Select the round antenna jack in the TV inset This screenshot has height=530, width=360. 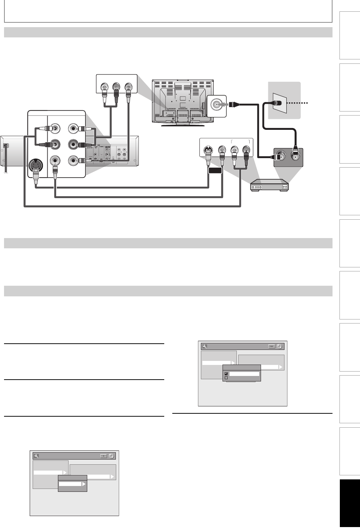pos(216,105)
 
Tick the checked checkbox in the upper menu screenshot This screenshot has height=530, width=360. pos(226,374)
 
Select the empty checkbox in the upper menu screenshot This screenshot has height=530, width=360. pos(226,378)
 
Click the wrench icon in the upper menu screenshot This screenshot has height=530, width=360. pos(205,346)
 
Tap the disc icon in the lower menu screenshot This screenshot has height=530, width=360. pos(111,456)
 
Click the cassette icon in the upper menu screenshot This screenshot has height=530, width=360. pos(272,346)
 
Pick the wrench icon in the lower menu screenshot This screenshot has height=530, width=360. pos(36,456)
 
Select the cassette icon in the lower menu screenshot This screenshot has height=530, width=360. pos(103,456)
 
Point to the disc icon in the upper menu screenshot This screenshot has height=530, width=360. pos(280,346)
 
